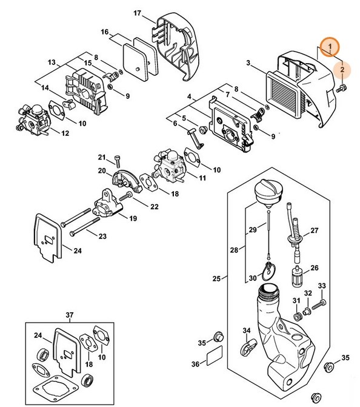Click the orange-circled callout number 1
pos(330,47)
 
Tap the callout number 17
pos(137,13)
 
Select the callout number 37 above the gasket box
pos(70,314)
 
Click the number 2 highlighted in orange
pos(342,70)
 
